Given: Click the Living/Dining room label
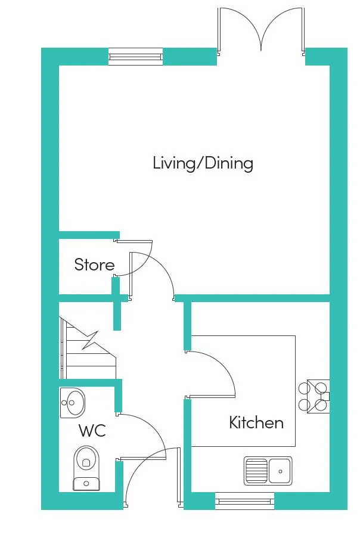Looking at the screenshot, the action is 203,163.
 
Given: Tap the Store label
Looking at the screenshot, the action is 94,265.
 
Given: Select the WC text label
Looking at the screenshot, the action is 92,431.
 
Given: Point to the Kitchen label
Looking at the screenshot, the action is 256,422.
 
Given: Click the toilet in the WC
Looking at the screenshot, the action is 86,468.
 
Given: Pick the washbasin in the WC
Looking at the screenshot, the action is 72,403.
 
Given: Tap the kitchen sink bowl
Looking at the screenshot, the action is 280,471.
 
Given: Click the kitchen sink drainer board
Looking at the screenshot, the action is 256,471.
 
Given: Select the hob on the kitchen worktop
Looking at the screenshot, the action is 314,396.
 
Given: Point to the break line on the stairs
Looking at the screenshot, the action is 90,341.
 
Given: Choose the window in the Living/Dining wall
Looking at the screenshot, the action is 135,57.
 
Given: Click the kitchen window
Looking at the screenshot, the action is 244,501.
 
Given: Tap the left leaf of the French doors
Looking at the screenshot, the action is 219,32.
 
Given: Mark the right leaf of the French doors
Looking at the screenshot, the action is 303,32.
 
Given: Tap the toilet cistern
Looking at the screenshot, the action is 86,484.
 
